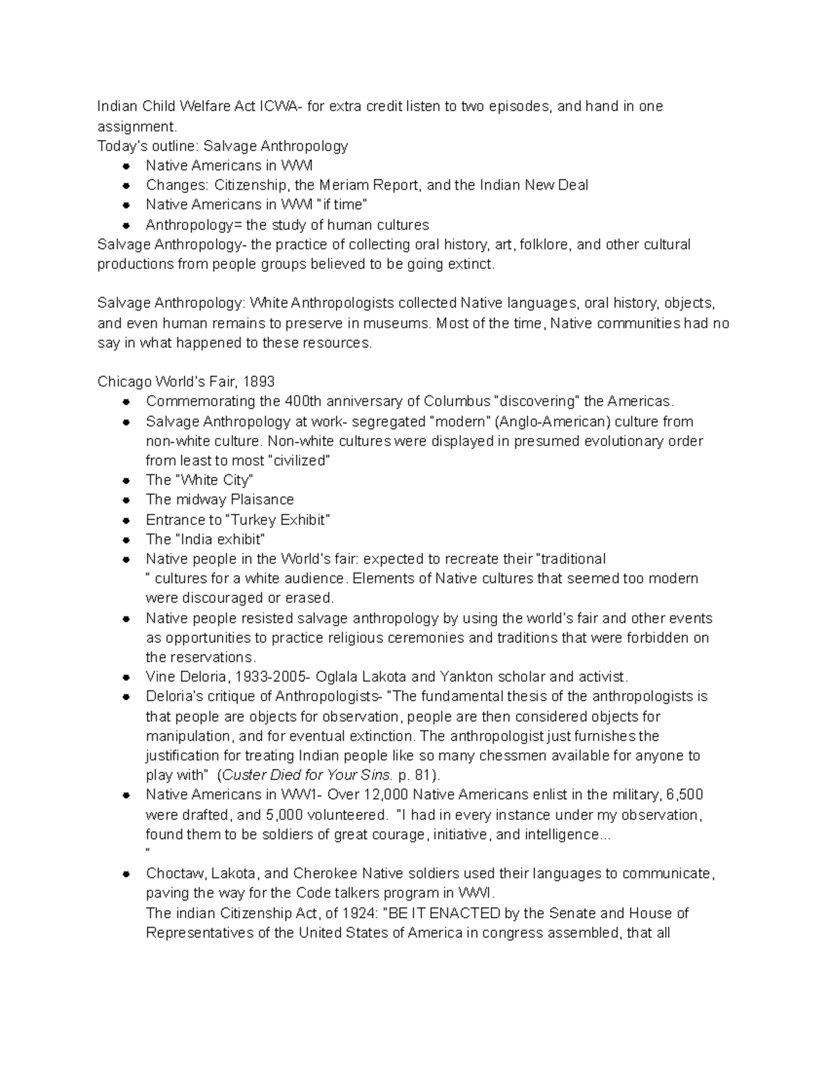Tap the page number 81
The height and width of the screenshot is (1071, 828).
coord(421,774)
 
